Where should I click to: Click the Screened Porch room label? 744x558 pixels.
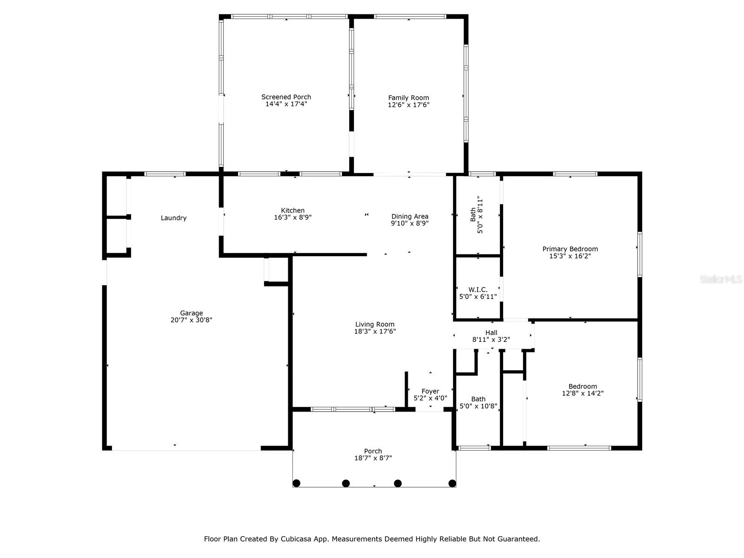286,97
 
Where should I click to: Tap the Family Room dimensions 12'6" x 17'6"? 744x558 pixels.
409,105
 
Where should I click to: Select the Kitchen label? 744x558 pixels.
292,211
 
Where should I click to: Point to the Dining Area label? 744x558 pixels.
410,216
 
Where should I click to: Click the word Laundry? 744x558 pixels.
173,218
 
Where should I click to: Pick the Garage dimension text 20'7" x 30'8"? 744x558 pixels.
191,320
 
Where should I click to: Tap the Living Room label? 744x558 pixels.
375,325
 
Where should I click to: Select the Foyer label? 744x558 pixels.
430,392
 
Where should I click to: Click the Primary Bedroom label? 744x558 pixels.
570,249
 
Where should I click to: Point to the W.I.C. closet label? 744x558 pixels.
478,290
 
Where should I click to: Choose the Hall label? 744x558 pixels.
491,332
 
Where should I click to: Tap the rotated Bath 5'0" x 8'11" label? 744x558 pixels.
477,215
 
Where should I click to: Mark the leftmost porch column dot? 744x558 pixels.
297,483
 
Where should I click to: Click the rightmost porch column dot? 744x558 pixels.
452,483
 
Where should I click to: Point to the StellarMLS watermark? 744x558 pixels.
720,279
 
